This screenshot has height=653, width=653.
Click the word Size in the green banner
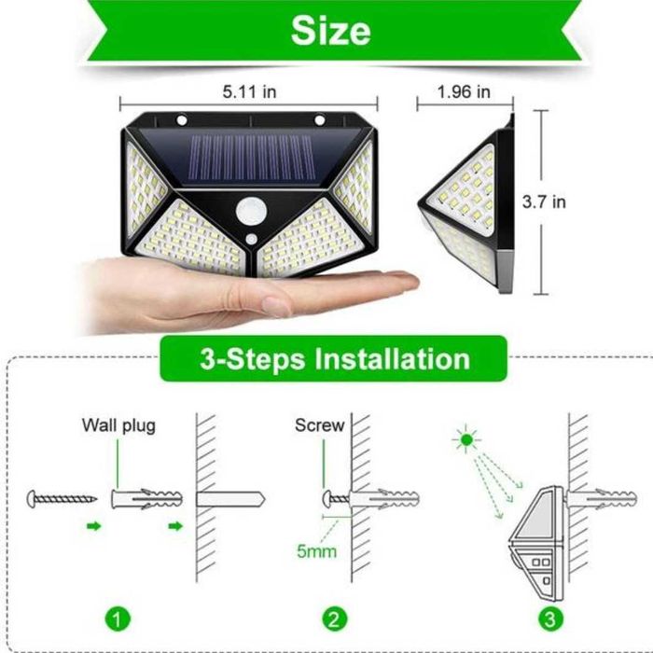click(330, 31)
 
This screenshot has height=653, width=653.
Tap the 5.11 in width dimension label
click(249, 92)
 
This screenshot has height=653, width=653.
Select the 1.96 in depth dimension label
click(464, 91)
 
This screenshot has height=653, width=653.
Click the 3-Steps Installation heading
click(334, 358)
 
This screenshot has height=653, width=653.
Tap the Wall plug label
click(118, 426)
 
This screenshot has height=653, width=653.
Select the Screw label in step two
click(320, 425)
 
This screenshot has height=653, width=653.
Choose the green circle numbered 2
click(333, 618)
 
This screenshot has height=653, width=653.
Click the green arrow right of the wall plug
click(174, 527)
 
